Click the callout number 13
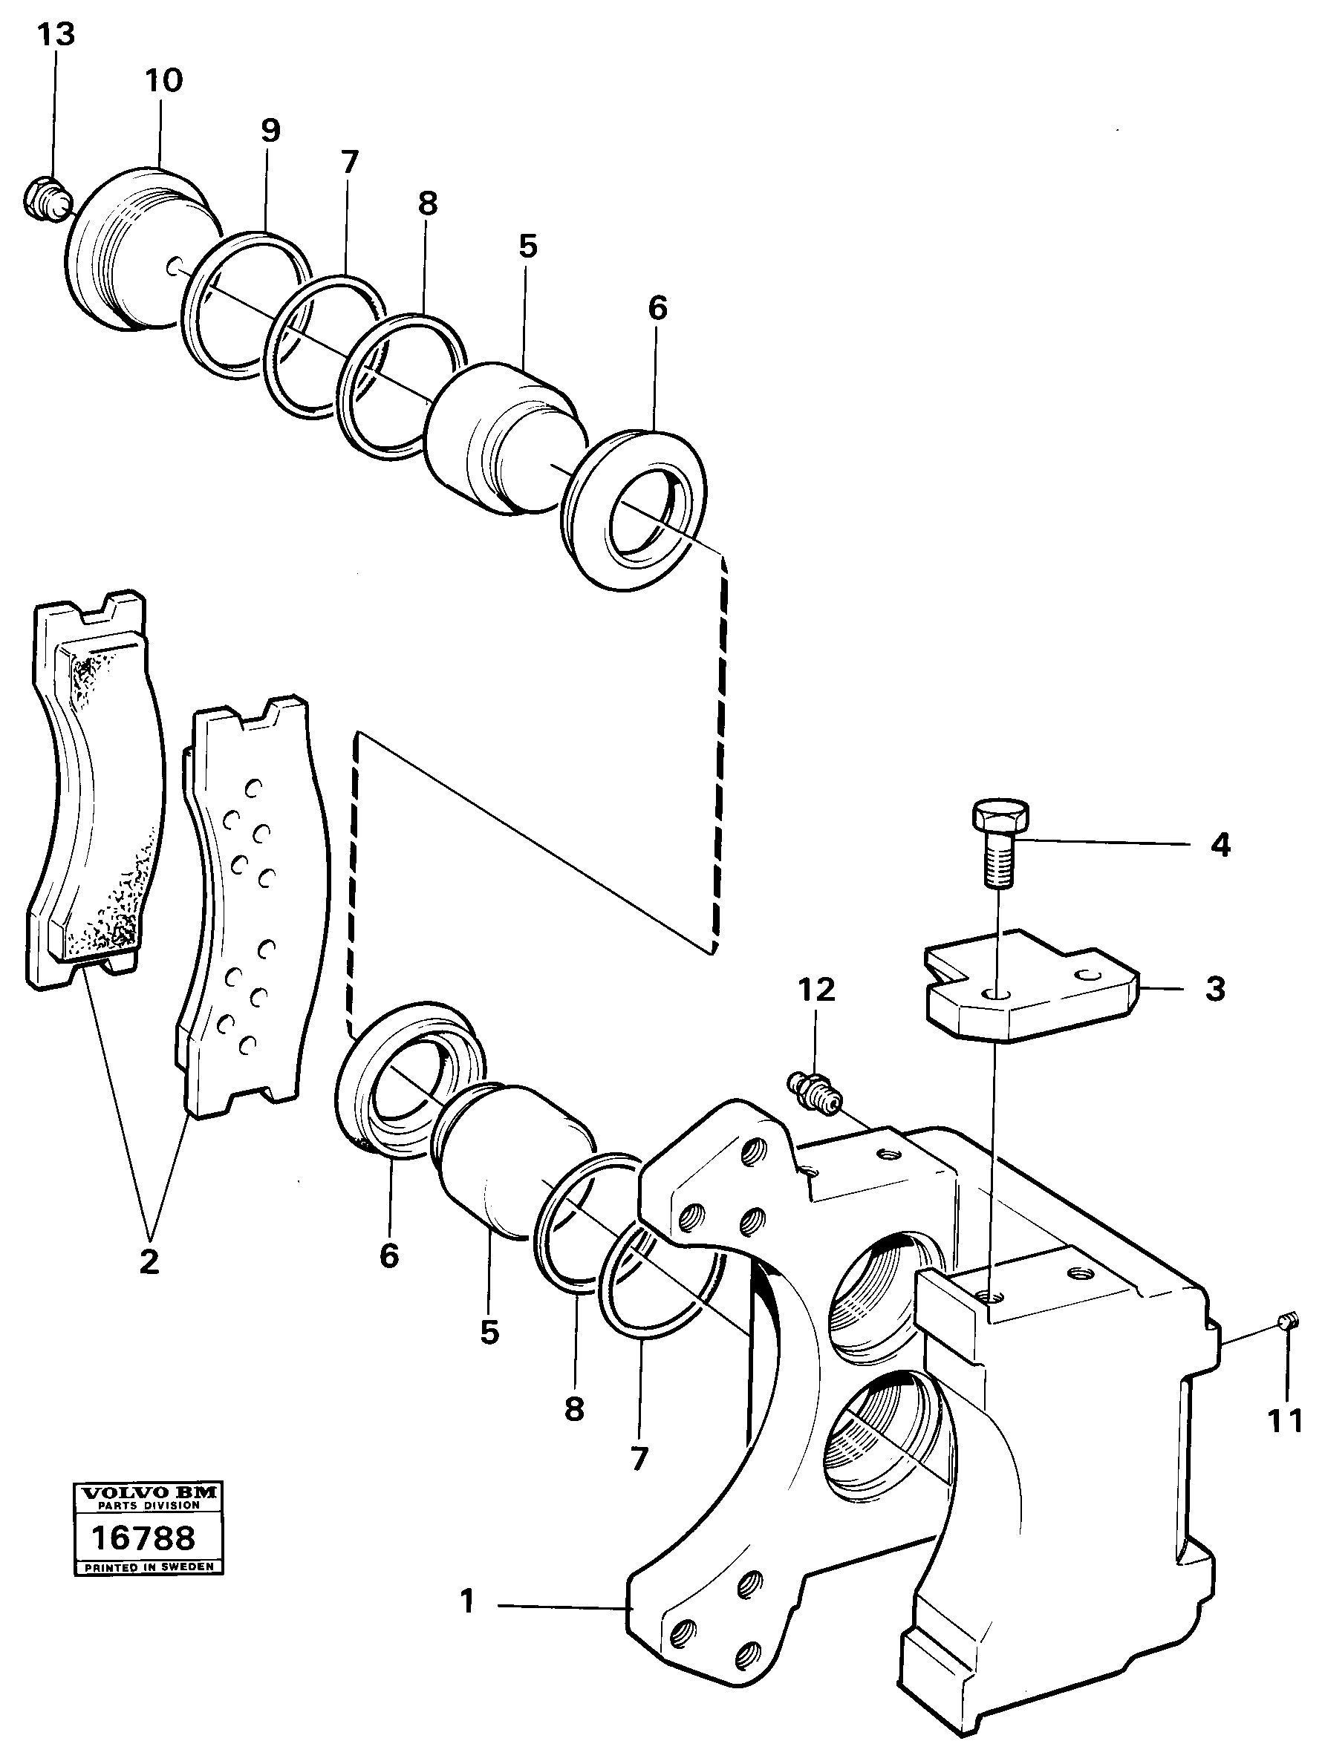56,34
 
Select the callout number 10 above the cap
163,80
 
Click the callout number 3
1214,990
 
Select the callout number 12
816,989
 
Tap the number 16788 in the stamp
143,1538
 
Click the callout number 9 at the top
270,130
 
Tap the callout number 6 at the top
657,308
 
